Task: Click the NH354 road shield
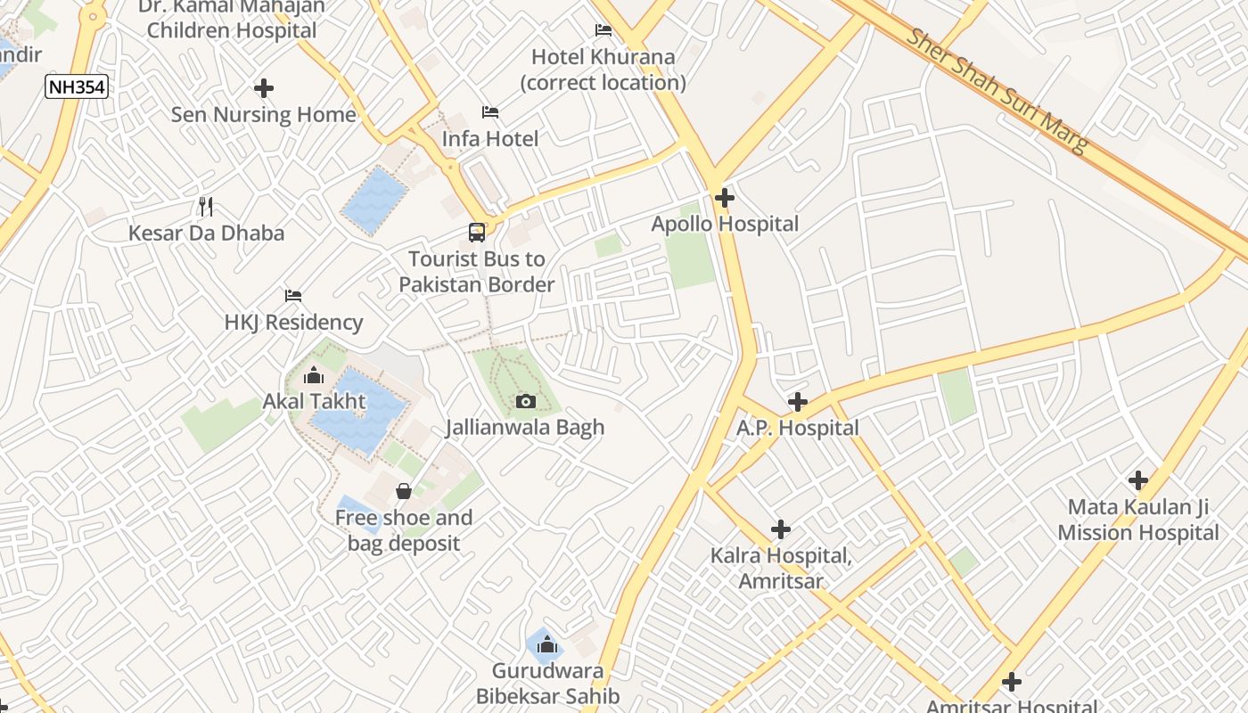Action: click(76, 86)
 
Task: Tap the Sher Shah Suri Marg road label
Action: click(998, 91)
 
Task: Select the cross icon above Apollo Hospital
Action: click(724, 198)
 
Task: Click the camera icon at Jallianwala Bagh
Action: click(525, 402)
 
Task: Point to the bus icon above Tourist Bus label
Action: click(477, 233)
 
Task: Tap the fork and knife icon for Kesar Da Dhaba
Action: click(206, 207)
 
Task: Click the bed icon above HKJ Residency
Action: click(293, 296)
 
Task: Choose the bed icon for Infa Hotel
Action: click(490, 112)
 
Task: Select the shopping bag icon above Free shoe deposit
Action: click(403, 491)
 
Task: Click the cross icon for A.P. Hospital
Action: click(798, 402)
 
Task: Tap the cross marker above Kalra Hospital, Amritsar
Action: click(781, 529)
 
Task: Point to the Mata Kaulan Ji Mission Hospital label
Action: click(1138, 520)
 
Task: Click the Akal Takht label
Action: click(314, 401)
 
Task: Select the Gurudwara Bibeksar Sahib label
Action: click(547, 684)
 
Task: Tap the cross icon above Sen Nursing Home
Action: click(263, 88)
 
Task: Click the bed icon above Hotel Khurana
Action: click(603, 30)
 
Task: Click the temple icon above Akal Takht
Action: click(314, 376)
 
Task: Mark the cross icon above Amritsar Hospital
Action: click(1011, 683)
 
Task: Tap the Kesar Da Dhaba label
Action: click(206, 234)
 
